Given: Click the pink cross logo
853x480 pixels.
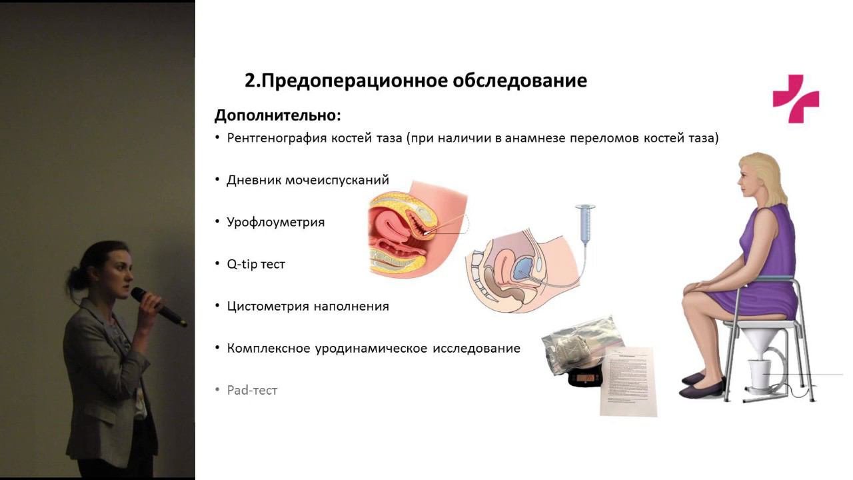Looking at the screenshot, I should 796,99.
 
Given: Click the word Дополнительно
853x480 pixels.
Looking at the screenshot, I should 277,115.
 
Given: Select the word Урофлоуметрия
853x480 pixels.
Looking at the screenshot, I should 275,222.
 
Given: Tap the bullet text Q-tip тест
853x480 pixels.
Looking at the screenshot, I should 256,264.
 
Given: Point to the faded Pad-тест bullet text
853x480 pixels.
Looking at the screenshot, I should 252,390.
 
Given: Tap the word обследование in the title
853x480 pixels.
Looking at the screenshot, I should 520,81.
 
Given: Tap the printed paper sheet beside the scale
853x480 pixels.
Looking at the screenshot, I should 628,380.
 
